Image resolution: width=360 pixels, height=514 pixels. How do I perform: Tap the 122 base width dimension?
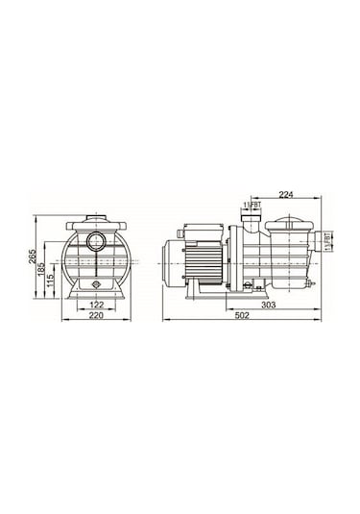pyautogui.click(x=95, y=305)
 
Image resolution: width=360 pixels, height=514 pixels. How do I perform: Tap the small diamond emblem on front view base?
pyautogui.click(x=95, y=285)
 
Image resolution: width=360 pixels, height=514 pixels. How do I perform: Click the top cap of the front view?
pyautogui.click(x=95, y=219)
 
